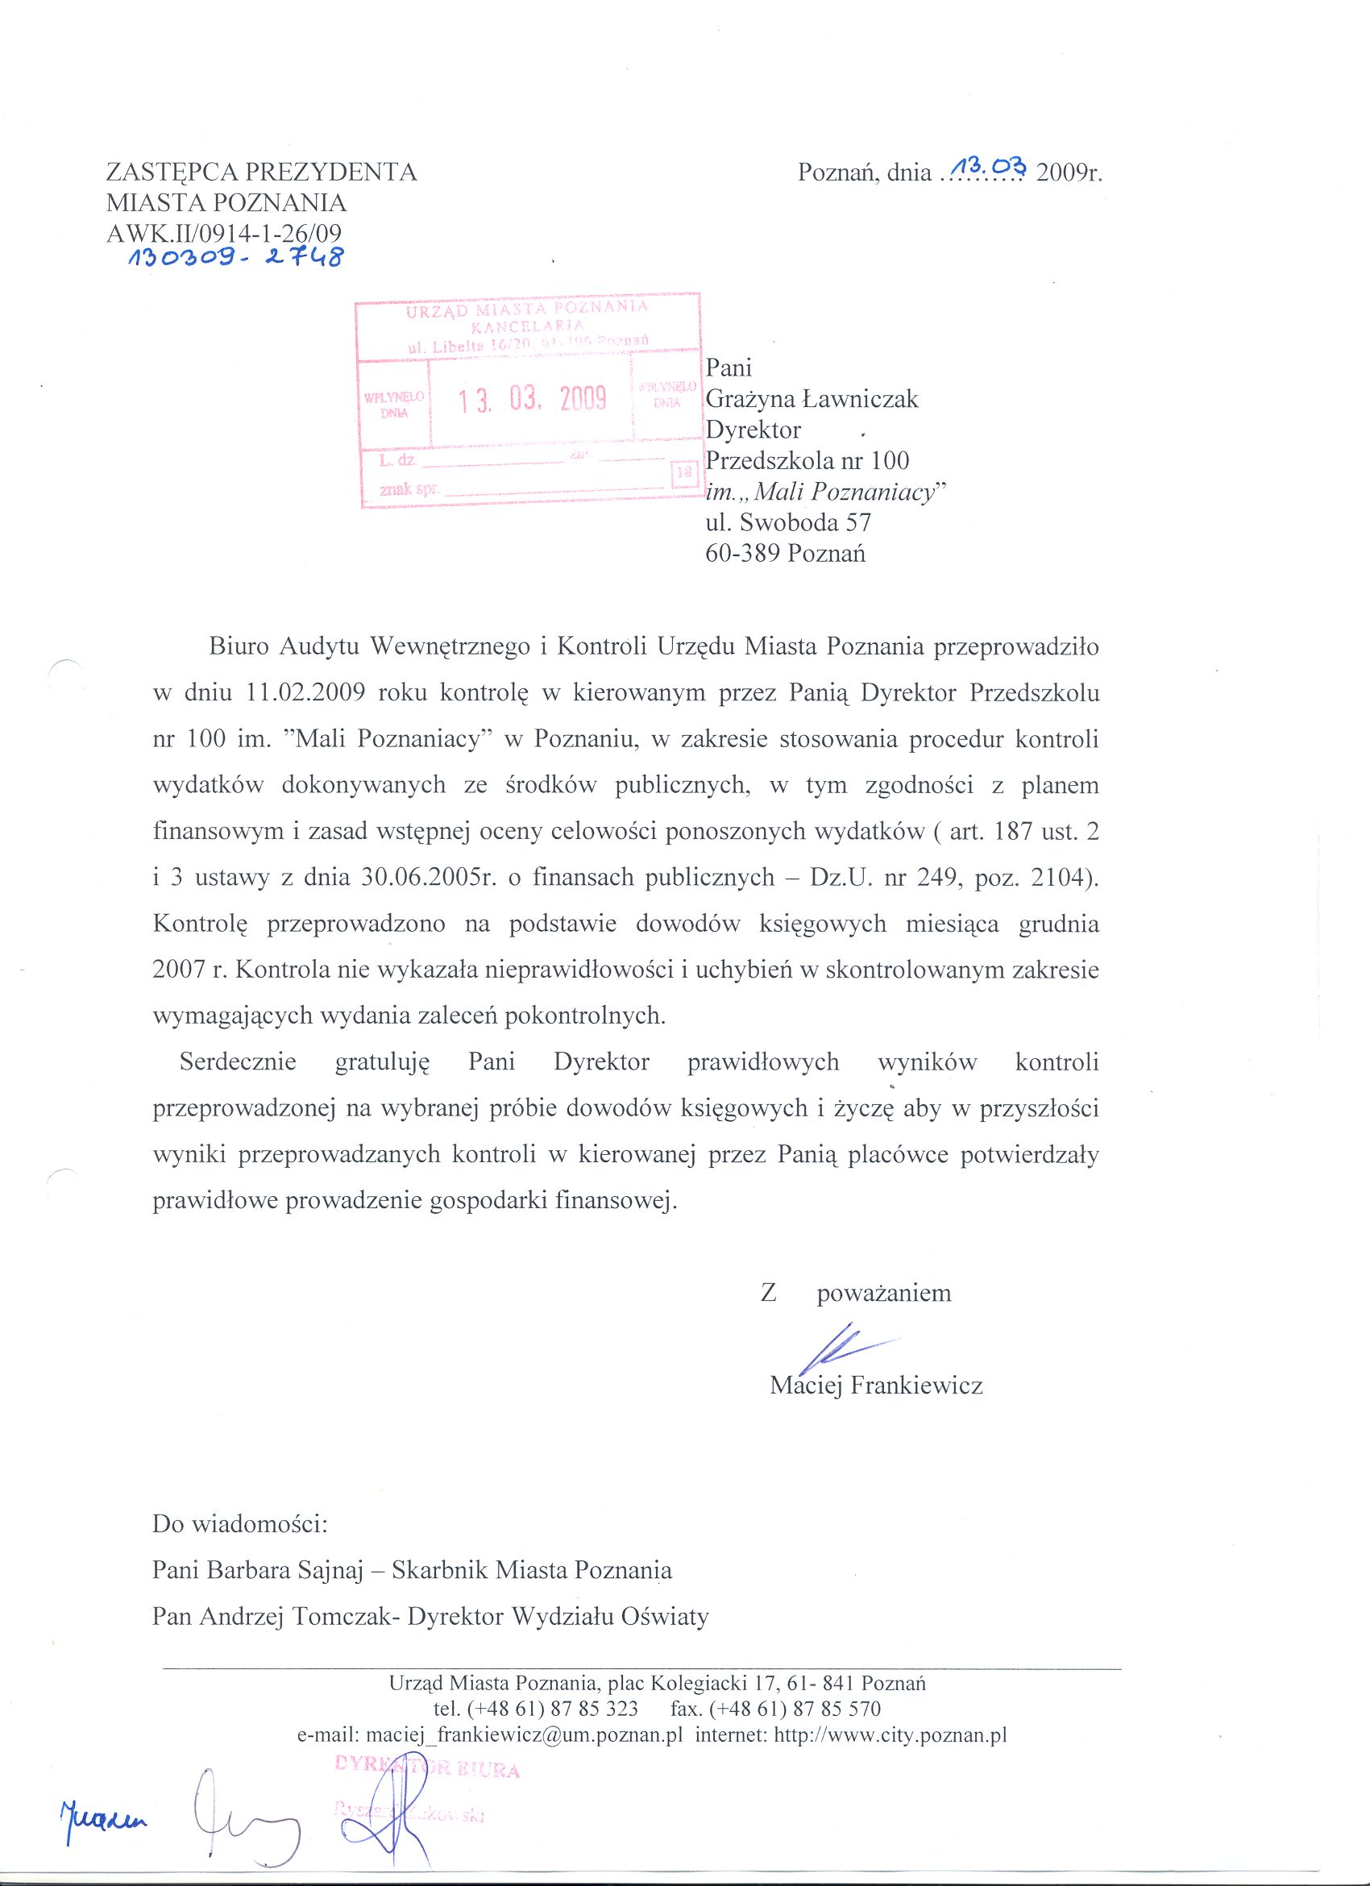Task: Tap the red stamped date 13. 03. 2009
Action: click(x=533, y=400)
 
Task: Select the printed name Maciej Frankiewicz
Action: click(x=876, y=1385)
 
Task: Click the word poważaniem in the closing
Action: click(x=884, y=1294)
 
